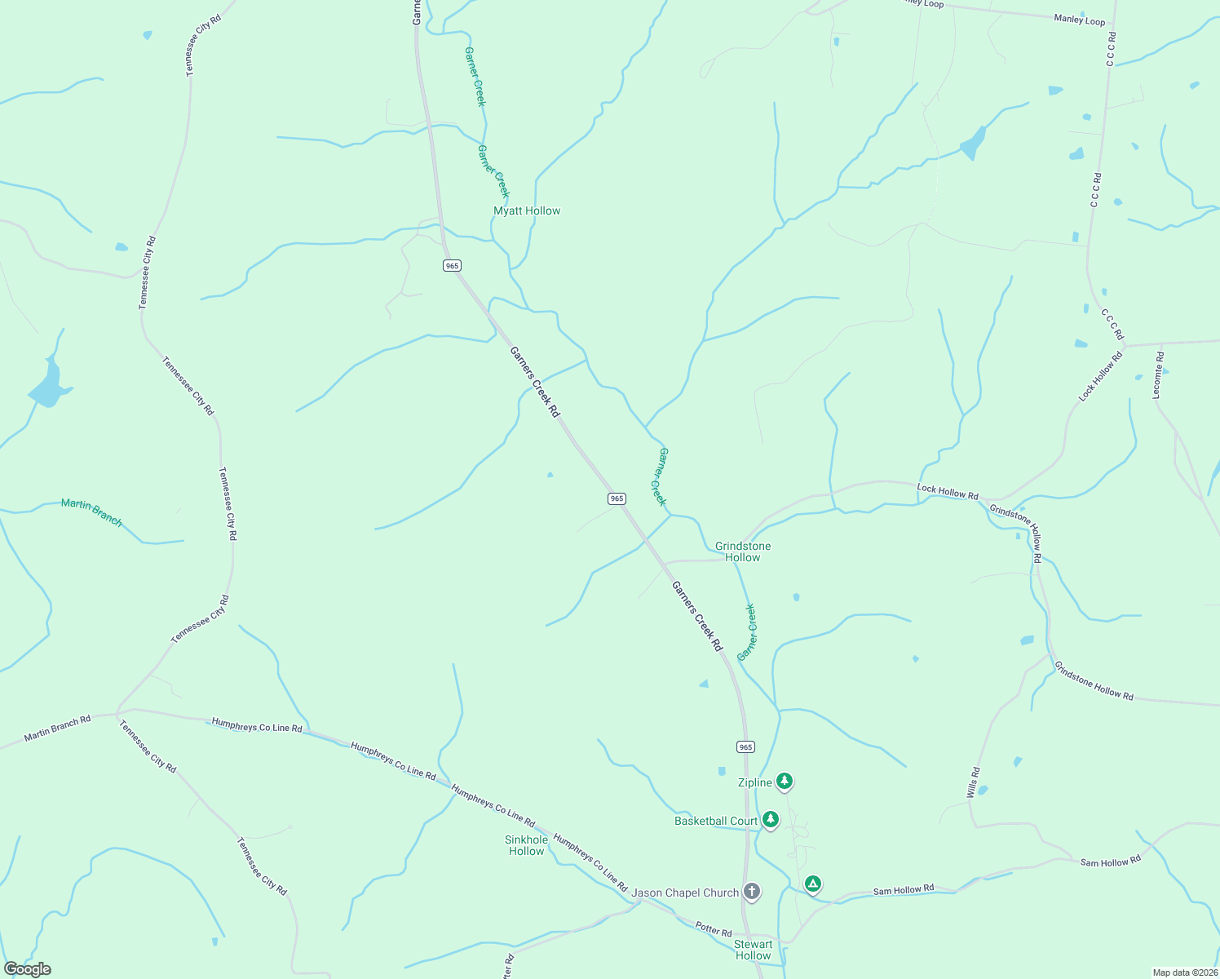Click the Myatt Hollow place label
click(527, 210)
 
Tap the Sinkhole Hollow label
click(526, 845)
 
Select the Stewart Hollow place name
click(753, 950)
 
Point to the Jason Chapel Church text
click(685, 893)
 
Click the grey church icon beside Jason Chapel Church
click(752, 892)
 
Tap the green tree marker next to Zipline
click(785, 782)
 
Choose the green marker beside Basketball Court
click(771, 819)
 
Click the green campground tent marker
click(812, 884)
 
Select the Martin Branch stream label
click(91, 512)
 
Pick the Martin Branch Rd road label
click(57, 729)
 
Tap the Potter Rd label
click(714, 929)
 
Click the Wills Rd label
click(973, 782)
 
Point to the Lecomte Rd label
click(1158, 375)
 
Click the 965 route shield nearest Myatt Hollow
click(453, 265)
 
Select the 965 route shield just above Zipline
click(745, 746)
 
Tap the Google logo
click(27, 969)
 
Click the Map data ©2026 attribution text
click(1184, 972)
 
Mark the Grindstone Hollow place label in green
click(743, 552)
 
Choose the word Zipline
click(754, 782)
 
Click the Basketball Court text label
click(716, 821)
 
